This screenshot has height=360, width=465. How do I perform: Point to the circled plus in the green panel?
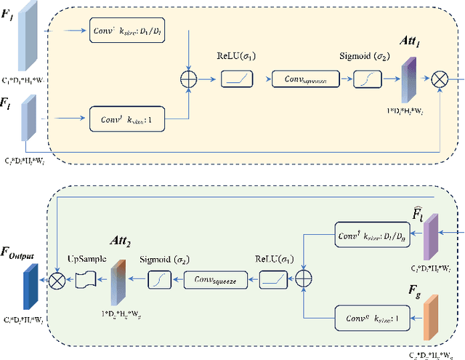click(x=302, y=278)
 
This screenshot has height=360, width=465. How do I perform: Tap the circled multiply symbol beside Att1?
click(x=440, y=78)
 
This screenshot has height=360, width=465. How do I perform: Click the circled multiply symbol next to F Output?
click(x=54, y=278)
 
